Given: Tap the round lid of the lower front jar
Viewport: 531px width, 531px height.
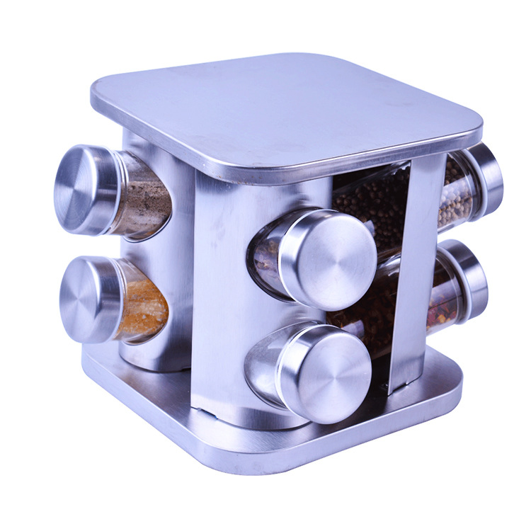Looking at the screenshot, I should tap(329, 372).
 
